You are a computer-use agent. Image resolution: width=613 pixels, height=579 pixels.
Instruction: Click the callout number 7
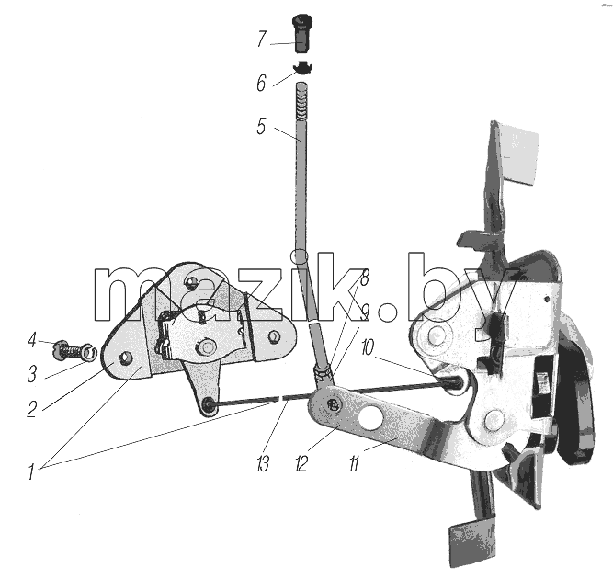(x=262, y=40)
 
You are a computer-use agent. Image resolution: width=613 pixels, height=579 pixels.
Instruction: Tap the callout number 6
(x=261, y=83)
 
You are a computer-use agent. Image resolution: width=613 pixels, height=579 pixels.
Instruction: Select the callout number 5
(x=261, y=126)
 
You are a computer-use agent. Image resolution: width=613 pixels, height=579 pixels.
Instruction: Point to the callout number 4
(x=32, y=340)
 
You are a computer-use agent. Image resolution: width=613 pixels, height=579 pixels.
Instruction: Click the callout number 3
(x=32, y=373)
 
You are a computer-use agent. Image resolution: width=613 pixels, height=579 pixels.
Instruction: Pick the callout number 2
(x=32, y=409)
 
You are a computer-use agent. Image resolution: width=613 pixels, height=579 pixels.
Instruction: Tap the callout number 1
(x=31, y=471)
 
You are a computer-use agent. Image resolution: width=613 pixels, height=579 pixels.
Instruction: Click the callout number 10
(x=368, y=347)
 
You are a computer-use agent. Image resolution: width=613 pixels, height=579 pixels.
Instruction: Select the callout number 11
(x=354, y=464)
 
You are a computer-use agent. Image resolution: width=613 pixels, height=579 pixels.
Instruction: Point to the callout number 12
(x=301, y=464)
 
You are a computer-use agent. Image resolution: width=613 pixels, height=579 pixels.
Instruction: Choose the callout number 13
(x=263, y=464)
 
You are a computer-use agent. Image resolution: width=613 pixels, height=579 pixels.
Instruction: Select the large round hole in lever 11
(x=370, y=417)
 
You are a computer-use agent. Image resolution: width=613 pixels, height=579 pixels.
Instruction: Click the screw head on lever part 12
(x=333, y=404)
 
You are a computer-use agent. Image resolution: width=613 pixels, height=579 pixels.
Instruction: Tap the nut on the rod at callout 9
(x=324, y=374)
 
